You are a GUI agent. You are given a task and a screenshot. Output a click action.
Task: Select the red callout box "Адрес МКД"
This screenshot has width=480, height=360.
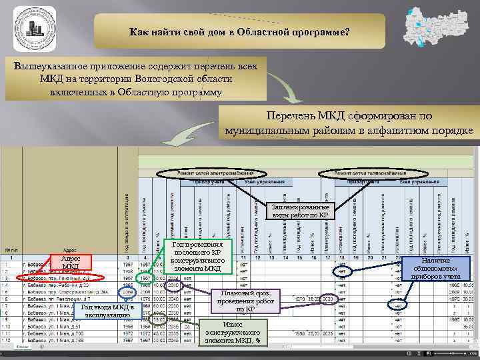tap(69, 262)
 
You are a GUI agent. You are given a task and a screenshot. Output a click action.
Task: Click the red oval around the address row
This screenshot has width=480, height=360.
tap(61, 277)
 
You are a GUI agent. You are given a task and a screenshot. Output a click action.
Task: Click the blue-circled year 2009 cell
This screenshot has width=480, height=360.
tap(127, 292)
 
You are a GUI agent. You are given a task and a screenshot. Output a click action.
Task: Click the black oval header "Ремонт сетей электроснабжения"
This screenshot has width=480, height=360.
tap(205, 173)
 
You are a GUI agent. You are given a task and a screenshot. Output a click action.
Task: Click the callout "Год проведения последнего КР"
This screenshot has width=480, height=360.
tap(197, 256)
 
